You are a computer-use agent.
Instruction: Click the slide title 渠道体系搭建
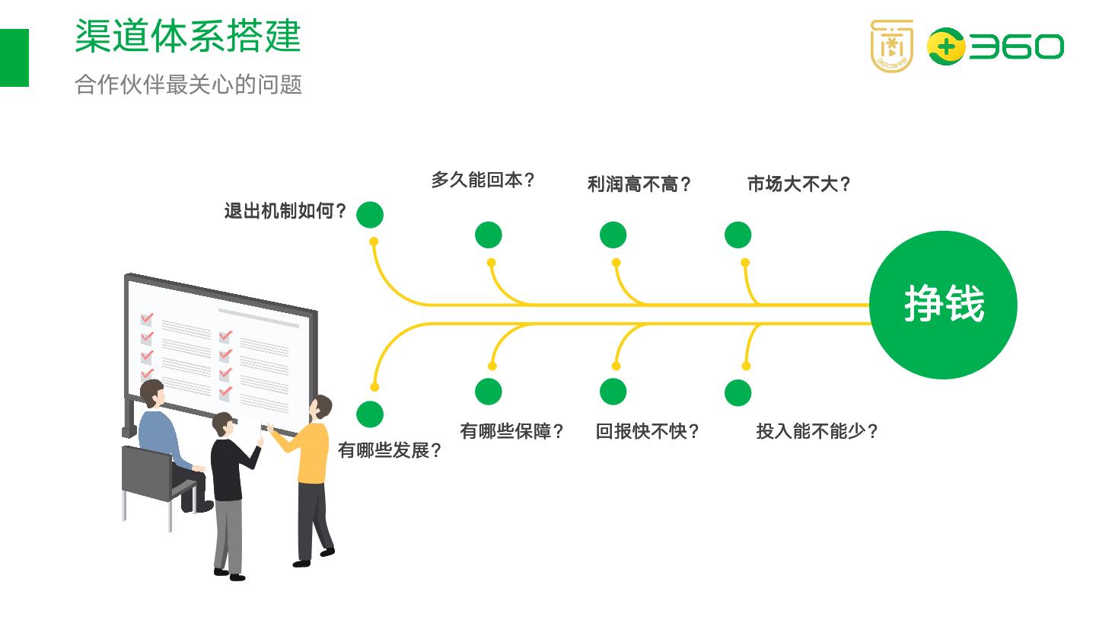coord(188,36)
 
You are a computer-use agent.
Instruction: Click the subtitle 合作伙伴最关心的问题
coord(188,84)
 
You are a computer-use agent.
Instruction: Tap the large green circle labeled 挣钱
coord(943,305)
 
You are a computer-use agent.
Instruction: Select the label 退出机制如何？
coord(285,211)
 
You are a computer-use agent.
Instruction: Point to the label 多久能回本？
coord(483,181)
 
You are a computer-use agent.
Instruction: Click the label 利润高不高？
coord(639,184)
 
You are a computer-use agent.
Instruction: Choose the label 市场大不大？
coord(798,184)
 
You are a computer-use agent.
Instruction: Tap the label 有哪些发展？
coord(390,450)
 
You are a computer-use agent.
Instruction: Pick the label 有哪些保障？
coord(511,431)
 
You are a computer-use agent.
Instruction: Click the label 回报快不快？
coord(647,431)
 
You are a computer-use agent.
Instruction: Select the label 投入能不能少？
coord(817,431)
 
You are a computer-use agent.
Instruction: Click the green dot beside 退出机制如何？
coord(370,215)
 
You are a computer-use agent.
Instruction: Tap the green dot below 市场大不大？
coord(738,235)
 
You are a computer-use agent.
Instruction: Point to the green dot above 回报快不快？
coord(613,392)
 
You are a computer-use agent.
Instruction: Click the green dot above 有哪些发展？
coord(370,414)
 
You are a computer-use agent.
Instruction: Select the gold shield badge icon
coord(891,46)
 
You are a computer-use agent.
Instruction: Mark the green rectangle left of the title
coord(14,58)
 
